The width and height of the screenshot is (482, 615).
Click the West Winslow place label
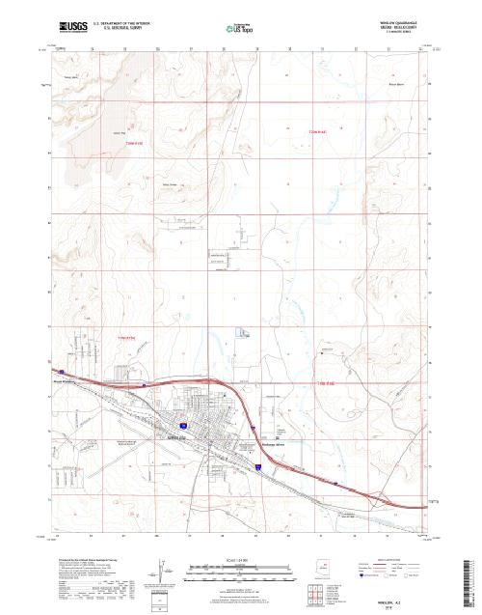[x=64, y=381]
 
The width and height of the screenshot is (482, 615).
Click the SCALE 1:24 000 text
[x=212, y=559]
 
